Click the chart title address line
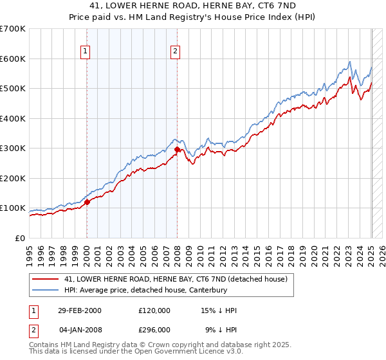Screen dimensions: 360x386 tap(192, 6)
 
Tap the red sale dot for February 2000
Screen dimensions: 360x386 tap(87, 202)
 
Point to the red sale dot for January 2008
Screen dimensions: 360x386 tap(177, 150)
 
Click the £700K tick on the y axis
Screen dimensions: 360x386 tap(13, 29)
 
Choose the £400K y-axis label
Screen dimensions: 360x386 tap(13, 118)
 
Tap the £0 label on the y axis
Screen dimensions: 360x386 tap(21, 238)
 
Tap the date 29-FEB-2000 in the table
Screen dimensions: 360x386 tap(79, 310)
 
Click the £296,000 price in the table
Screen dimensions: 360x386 tap(154, 329)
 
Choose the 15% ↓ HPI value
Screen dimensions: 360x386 tap(219, 310)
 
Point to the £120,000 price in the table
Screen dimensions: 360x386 tap(154, 310)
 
